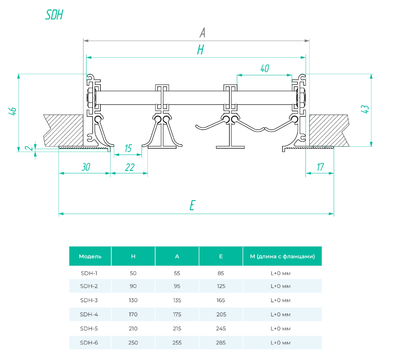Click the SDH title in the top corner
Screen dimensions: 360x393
click(54, 15)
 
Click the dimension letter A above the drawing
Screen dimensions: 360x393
click(202, 33)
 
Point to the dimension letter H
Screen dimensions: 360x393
click(200, 50)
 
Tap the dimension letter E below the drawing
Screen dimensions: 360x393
click(192, 206)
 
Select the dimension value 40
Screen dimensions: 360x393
click(265, 69)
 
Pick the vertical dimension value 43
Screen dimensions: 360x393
click(366, 109)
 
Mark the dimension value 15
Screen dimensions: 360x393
click(128, 148)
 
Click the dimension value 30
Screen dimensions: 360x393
click(86, 167)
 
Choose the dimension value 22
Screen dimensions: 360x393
click(129, 167)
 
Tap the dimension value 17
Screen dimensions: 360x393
click(320, 167)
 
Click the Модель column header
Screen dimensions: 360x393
click(90, 256)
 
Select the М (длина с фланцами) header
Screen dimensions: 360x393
click(282, 256)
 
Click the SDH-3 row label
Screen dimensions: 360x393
click(89, 300)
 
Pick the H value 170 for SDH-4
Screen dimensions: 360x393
click(133, 314)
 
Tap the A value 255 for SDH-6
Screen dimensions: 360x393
click(177, 343)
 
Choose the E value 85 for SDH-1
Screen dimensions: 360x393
click(221, 273)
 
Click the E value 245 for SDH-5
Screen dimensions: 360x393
click(221, 328)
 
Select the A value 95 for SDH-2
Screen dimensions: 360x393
click(177, 287)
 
